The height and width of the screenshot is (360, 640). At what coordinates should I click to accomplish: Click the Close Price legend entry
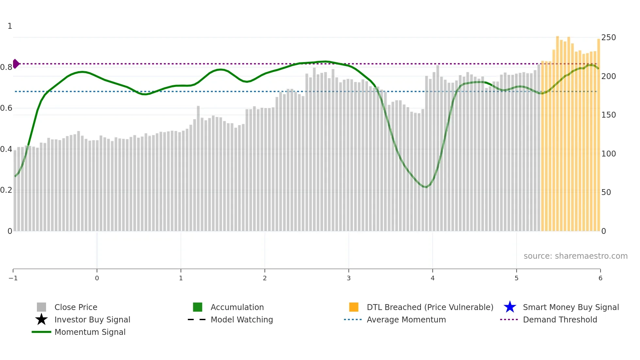(76, 307)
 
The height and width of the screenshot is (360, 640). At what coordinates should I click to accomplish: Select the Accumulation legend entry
(237, 307)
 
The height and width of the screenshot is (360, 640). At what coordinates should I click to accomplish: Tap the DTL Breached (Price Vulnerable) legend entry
(430, 307)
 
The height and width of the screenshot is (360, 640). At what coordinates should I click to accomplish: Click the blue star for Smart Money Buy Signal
(510, 307)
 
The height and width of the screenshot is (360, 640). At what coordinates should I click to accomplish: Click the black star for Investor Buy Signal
(41, 319)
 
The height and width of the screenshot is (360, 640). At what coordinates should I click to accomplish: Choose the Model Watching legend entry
(242, 319)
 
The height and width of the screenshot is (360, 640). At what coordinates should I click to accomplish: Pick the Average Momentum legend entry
(406, 319)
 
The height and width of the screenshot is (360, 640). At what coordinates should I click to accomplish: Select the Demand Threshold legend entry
(560, 319)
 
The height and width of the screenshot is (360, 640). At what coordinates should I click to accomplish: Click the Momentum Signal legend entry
(90, 332)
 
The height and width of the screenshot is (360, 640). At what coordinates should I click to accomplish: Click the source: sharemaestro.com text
(575, 256)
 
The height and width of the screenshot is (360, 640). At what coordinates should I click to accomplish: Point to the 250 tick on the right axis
(608, 38)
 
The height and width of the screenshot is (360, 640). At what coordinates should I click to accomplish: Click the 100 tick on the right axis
(608, 154)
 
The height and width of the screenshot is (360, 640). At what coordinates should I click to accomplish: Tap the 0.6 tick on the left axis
(6, 108)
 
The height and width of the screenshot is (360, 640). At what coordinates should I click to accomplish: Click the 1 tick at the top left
(10, 26)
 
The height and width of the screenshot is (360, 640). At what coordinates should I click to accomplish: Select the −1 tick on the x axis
(13, 278)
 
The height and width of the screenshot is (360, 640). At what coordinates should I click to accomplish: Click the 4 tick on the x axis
(433, 278)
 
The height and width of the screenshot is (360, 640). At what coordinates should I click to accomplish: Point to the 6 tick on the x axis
(600, 278)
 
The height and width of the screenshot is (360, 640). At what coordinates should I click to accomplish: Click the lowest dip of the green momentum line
(425, 187)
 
